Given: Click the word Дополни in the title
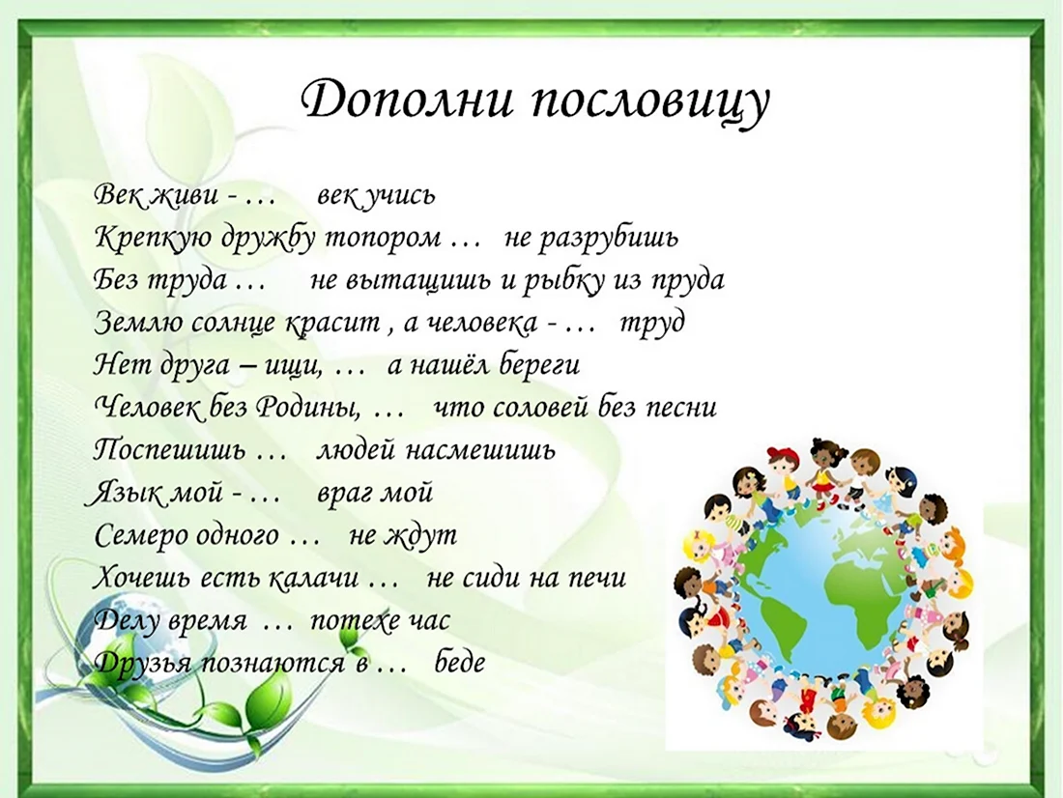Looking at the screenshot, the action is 407,101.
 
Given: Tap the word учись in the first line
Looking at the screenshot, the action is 401,196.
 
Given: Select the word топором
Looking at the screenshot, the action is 384,239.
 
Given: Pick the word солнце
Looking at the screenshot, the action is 234,324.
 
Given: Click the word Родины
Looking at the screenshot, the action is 307,407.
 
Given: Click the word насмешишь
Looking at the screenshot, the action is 480,450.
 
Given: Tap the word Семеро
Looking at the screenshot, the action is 139,535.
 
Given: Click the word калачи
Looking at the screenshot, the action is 312,579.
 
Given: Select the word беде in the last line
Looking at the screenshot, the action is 460,662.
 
